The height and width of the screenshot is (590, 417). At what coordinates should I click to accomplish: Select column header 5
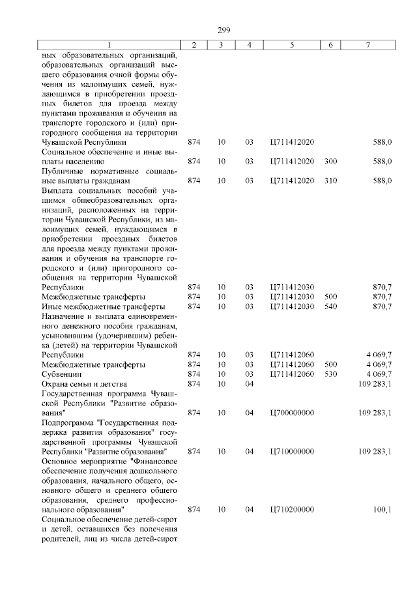291,44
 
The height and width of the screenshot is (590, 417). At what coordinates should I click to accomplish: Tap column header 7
368,44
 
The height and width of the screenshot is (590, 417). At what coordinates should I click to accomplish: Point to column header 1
109,44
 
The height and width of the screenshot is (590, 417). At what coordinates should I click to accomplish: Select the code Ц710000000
291,451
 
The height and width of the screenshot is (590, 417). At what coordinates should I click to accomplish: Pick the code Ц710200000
291,509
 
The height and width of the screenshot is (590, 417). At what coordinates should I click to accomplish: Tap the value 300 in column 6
330,161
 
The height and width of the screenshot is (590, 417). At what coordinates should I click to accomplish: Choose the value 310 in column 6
330,180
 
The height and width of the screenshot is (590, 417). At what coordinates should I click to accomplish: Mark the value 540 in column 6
330,306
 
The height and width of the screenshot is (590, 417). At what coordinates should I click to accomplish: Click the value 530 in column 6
330,374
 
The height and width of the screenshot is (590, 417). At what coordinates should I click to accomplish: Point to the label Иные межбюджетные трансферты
102,306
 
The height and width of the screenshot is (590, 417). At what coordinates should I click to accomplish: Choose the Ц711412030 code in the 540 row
291,306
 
